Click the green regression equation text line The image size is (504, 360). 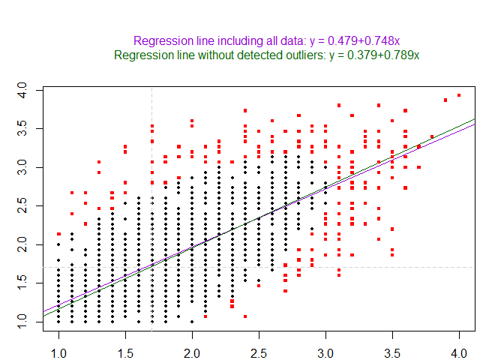coord(266,55)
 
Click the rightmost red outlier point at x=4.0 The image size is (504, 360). coord(459,95)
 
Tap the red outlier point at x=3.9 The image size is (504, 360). coord(445,100)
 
